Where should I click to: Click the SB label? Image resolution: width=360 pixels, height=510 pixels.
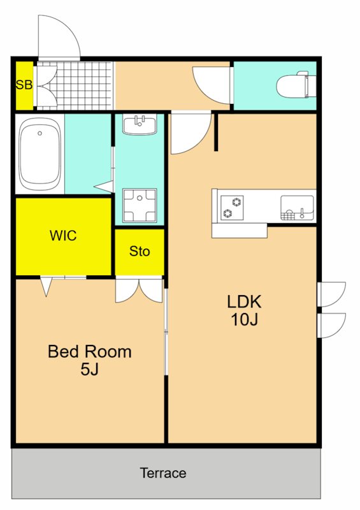pyautogui.click(x=24, y=85)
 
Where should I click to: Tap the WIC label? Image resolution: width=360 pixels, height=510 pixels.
pyautogui.click(x=64, y=235)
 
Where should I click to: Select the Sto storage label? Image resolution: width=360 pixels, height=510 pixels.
pyautogui.click(x=140, y=251)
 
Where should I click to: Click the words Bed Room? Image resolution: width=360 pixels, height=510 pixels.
pyautogui.click(x=90, y=352)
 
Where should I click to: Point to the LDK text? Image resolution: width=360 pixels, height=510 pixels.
pyautogui.click(x=244, y=302)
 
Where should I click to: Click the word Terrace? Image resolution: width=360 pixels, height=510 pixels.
pyautogui.click(x=163, y=473)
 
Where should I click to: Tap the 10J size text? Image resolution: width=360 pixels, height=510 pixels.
pyautogui.click(x=245, y=319)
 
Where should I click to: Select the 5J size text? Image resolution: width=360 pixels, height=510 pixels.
pyautogui.click(x=89, y=369)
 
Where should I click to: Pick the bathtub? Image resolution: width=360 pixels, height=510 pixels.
pyautogui.click(x=40, y=154)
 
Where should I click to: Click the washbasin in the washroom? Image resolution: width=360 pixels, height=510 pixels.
pyautogui.click(x=140, y=124)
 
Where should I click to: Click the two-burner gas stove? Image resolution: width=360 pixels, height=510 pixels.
pyautogui.click(x=232, y=208)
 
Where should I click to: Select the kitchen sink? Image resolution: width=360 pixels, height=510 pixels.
pyautogui.click(x=297, y=208)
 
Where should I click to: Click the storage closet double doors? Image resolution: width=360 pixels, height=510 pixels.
pyautogui.click(x=139, y=290)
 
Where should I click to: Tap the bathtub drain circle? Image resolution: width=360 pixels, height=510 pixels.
pyautogui.click(x=40, y=133)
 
